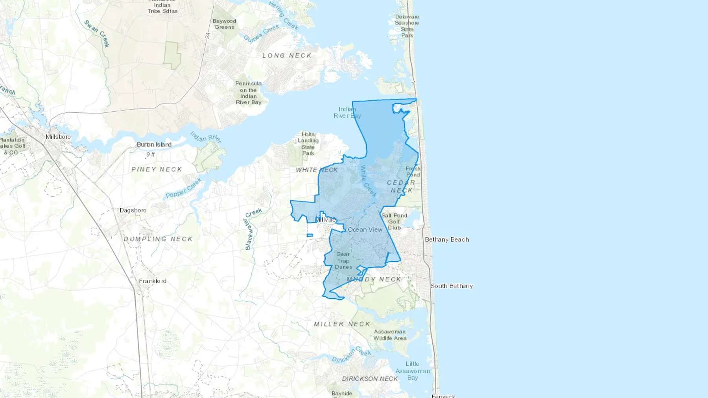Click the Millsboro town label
(58, 137)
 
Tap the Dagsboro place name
(133, 210)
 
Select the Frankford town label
(153, 281)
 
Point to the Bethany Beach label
(447, 239)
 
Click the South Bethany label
(452, 286)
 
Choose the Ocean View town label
(365, 229)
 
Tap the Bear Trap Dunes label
(343, 260)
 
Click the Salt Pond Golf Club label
(394, 221)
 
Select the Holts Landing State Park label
(308, 144)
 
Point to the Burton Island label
(154, 145)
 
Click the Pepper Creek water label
(184, 188)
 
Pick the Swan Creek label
(97, 34)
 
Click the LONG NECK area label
(287, 56)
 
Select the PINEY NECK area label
(157, 169)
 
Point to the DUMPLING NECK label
(158, 239)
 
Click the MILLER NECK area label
(342, 324)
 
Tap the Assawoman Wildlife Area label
(390, 335)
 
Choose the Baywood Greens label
(224, 24)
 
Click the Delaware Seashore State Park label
(407, 26)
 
